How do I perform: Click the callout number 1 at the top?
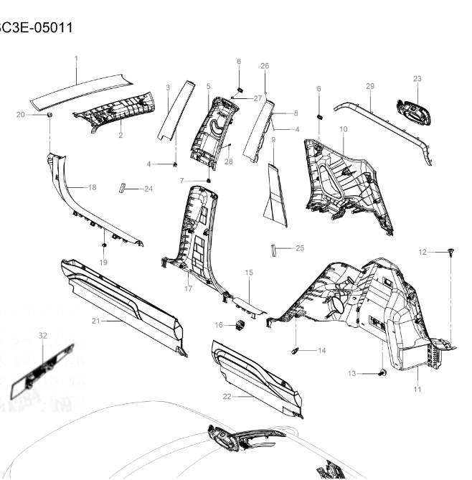76,58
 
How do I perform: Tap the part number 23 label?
417,78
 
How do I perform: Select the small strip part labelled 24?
123,188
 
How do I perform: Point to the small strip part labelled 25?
273,248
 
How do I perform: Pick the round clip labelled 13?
381,372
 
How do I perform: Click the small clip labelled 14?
295,350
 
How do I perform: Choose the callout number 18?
91,187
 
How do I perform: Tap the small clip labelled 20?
49,114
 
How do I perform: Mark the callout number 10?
343,128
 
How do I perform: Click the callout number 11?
417,389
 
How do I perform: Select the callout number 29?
370,86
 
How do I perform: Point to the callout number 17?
189,289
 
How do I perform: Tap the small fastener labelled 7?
208,179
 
